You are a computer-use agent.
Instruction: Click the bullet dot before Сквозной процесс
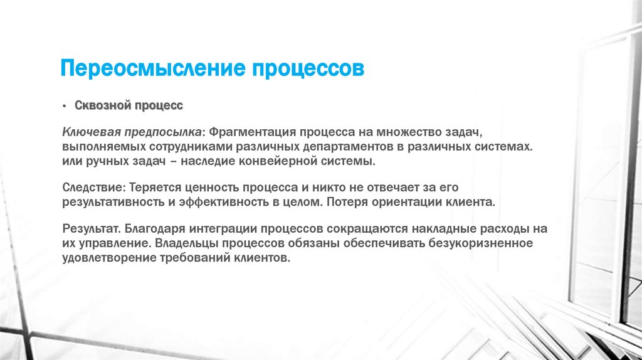pyautogui.click(x=64, y=106)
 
